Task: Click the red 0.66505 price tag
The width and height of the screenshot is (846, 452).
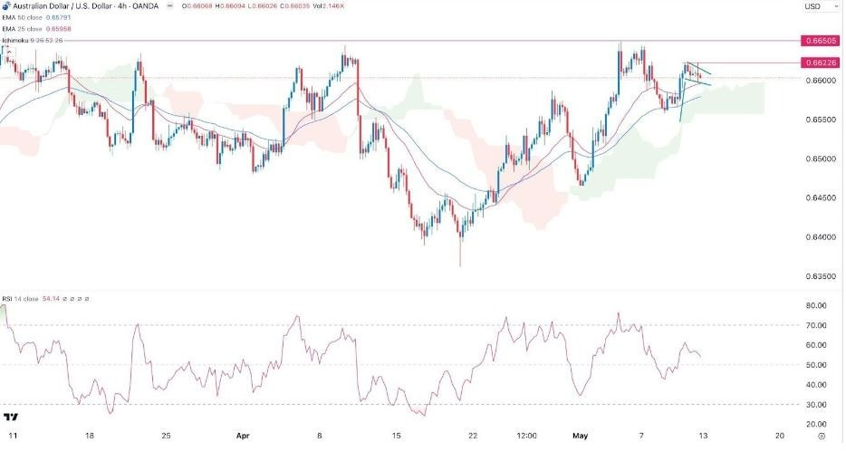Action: tap(820, 41)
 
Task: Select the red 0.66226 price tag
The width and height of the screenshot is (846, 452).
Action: tap(820, 63)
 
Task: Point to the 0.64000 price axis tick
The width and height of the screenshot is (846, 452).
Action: tap(819, 237)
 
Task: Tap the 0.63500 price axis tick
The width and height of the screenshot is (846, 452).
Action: tap(819, 276)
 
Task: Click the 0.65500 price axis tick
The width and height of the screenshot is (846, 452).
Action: tap(819, 120)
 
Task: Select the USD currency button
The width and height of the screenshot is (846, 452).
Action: tap(812, 7)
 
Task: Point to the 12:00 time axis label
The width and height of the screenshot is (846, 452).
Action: tap(526, 435)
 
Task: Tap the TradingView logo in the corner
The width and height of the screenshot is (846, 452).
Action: tap(12, 418)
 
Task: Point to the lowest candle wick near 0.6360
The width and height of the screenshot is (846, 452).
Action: tap(460, 264)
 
